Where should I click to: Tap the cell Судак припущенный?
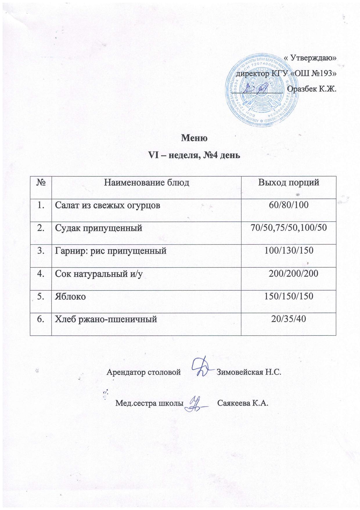tap(99, 228)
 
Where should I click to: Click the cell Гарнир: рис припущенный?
tap(111, 250)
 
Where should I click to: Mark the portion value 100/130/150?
tap(289, 250)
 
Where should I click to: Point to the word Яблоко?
tap(70, 296)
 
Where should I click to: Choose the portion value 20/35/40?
tap(289, 319)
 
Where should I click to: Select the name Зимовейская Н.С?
tap(249, 372)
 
